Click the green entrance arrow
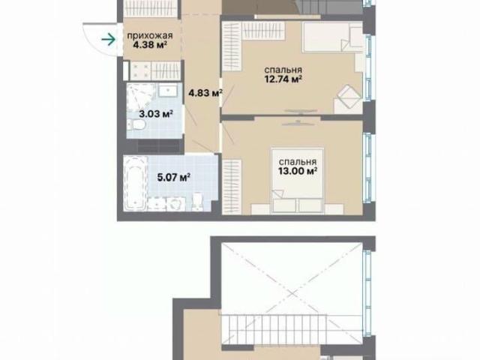click(108, 40)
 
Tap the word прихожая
click(150, 36)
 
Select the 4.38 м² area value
click(150, 45)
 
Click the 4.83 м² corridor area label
click(205, 93)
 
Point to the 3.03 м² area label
click(156, 114)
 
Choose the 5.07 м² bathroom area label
click(174, 177)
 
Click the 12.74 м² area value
click(283, 79)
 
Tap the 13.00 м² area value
click(298, 171)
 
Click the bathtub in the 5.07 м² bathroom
click(135, 183)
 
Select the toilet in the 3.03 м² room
click(136, 125)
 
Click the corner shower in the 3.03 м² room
click(140, 97)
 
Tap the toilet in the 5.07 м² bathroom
click(197, 202)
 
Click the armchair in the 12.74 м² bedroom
click(348, 96)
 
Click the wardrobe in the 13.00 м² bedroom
click(232, 187)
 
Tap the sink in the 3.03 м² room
click(167, 91)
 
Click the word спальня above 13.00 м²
click(297, 162)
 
